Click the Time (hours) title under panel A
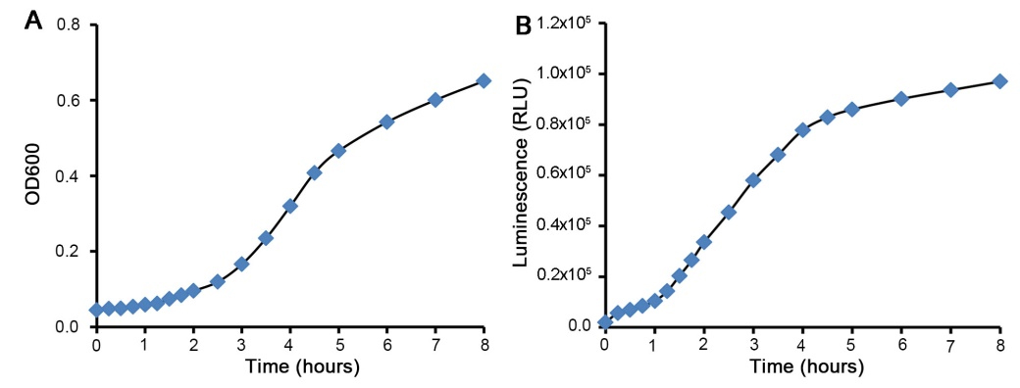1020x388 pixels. pos(290,368)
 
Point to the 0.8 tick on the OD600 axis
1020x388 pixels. pos(69,24)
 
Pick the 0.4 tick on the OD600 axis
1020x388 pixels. pos(69,176)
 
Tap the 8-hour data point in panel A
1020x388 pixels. pos(484,80)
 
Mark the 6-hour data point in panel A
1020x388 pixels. pos(386,121)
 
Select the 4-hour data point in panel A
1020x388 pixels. pos(290,206)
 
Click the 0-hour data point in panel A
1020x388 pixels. pos(96,310)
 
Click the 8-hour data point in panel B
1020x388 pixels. pos(999,81)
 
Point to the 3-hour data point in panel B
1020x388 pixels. pos(753,179)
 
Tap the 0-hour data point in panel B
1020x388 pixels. pos(604,322)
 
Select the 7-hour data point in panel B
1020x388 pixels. pos(950,89)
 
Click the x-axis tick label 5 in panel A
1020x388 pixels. pos(338,345)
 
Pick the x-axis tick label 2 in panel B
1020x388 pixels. pos(703,345)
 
